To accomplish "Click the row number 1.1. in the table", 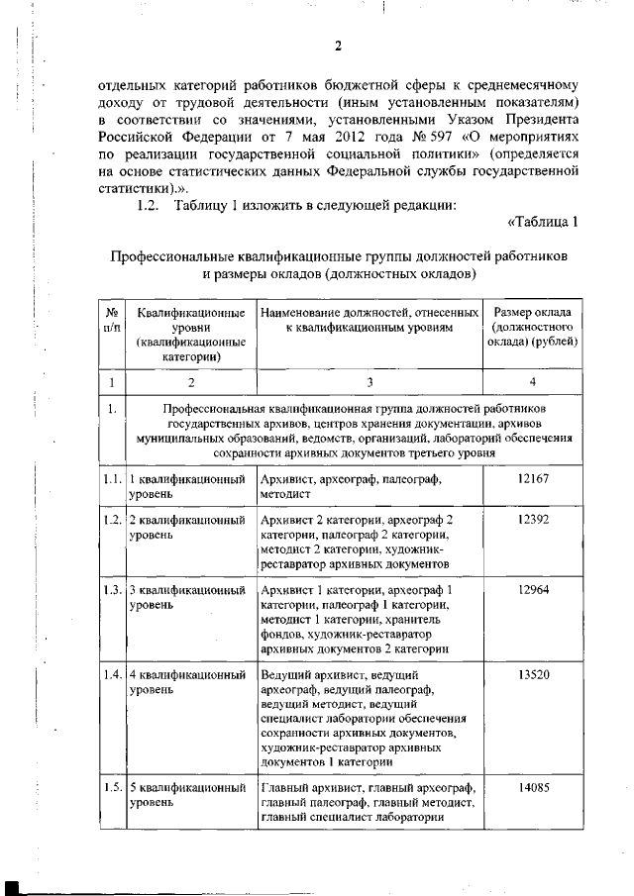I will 112,478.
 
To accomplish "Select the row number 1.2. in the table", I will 112,520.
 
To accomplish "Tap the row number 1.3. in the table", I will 112,589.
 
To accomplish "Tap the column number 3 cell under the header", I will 369,381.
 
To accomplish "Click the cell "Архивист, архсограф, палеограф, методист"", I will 350,485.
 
